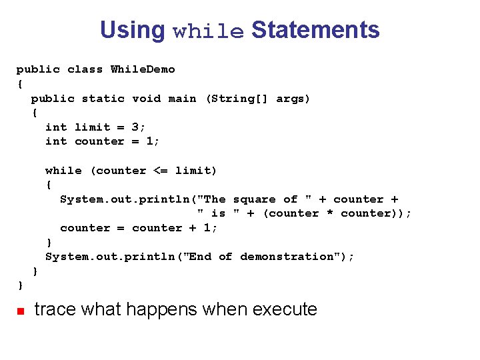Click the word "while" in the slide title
208,31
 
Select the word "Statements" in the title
315,30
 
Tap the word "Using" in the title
132,31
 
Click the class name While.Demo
143,69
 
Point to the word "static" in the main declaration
103,99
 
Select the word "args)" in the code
293,99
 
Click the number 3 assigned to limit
135,127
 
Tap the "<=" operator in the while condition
161,171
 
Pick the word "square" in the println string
254,199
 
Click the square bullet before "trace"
20,311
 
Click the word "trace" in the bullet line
55,309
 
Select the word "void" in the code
146,99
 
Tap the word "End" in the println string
200,257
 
